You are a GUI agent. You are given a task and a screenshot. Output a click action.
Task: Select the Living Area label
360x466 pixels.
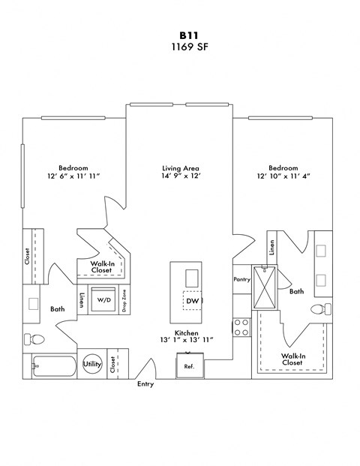tap(180, 168)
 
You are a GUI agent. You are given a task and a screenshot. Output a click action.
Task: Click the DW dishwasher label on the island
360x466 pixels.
tap(192, 300)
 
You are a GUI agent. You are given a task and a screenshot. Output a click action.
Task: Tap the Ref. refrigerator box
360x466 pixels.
tap(190, 367)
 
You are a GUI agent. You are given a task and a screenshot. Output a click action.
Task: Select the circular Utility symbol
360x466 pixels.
tap(92, 364)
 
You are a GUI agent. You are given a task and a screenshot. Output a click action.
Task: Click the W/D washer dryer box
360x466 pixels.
tap(103, 300)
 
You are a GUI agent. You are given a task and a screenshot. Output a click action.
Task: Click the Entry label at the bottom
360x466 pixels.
tap(146, 385)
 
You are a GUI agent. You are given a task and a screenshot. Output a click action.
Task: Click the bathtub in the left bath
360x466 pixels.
tap(54, 367)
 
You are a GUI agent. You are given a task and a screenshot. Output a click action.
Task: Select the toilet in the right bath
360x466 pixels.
tap(319, 308)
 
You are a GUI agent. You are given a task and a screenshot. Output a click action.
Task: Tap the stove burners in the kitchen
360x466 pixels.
tap(242, 326)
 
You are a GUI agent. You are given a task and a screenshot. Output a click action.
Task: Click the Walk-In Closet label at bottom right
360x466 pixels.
tap(292, 359)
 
